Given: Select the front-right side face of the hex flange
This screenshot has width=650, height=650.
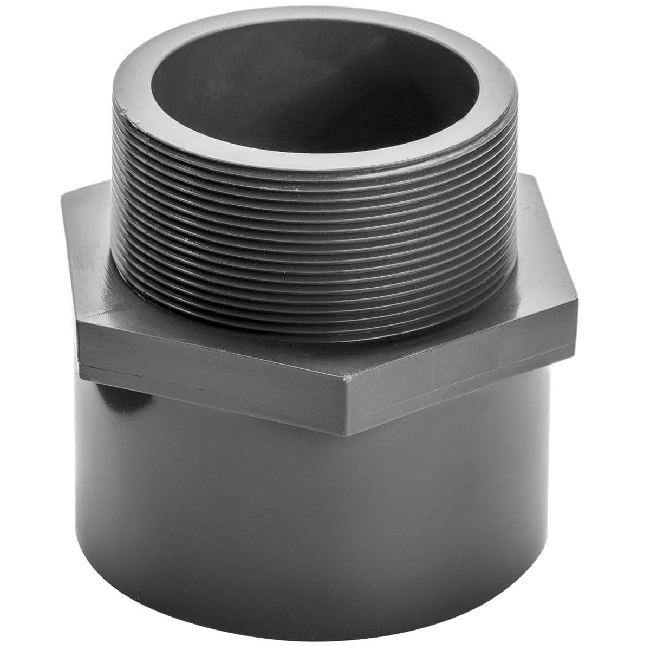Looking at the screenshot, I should (x=466, y=374).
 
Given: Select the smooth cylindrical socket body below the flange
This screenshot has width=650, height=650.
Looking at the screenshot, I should (x=325, y=515).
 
